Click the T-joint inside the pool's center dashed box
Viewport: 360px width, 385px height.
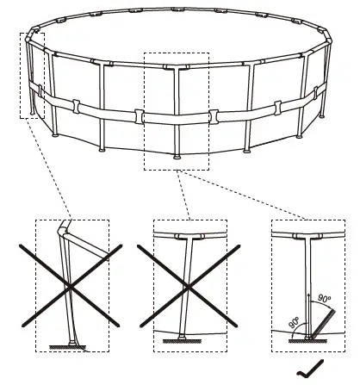[178, 69]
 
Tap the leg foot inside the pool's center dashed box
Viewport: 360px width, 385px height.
[178, 158]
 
